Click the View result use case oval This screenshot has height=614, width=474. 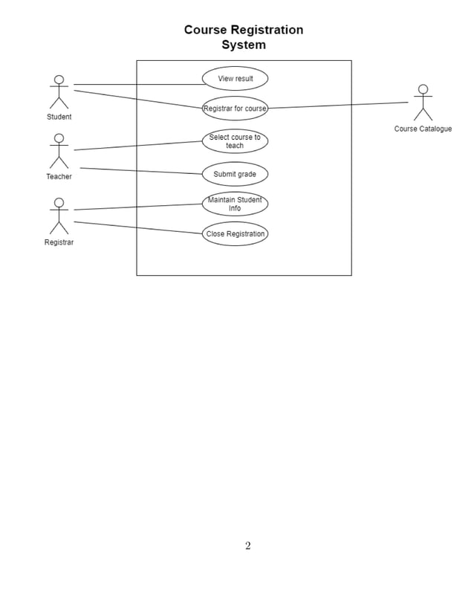click(235, 79)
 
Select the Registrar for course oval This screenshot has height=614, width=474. click(235, 109)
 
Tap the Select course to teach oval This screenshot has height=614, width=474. click(235, 141)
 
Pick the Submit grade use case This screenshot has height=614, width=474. click(235, 174)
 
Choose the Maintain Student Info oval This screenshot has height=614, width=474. click(235, 204)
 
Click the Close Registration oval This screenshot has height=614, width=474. click(235, 234)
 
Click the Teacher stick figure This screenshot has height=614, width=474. click(59, 151)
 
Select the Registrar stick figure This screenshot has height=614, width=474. click(59, 216)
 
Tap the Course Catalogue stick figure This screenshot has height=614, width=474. click(423, 103)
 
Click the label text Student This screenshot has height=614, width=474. click(59, 117)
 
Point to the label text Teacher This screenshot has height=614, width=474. click(59, 177)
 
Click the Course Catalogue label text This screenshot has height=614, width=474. click(423, 129)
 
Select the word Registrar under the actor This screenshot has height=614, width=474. click(59, 242)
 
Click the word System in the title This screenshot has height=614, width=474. click(244, 45)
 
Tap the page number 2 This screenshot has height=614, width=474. click(247, 546)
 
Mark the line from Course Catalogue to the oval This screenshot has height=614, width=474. click(338, 106)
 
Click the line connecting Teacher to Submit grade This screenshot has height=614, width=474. click(141, 171)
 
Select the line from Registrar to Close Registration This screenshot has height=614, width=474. click(137, 227)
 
